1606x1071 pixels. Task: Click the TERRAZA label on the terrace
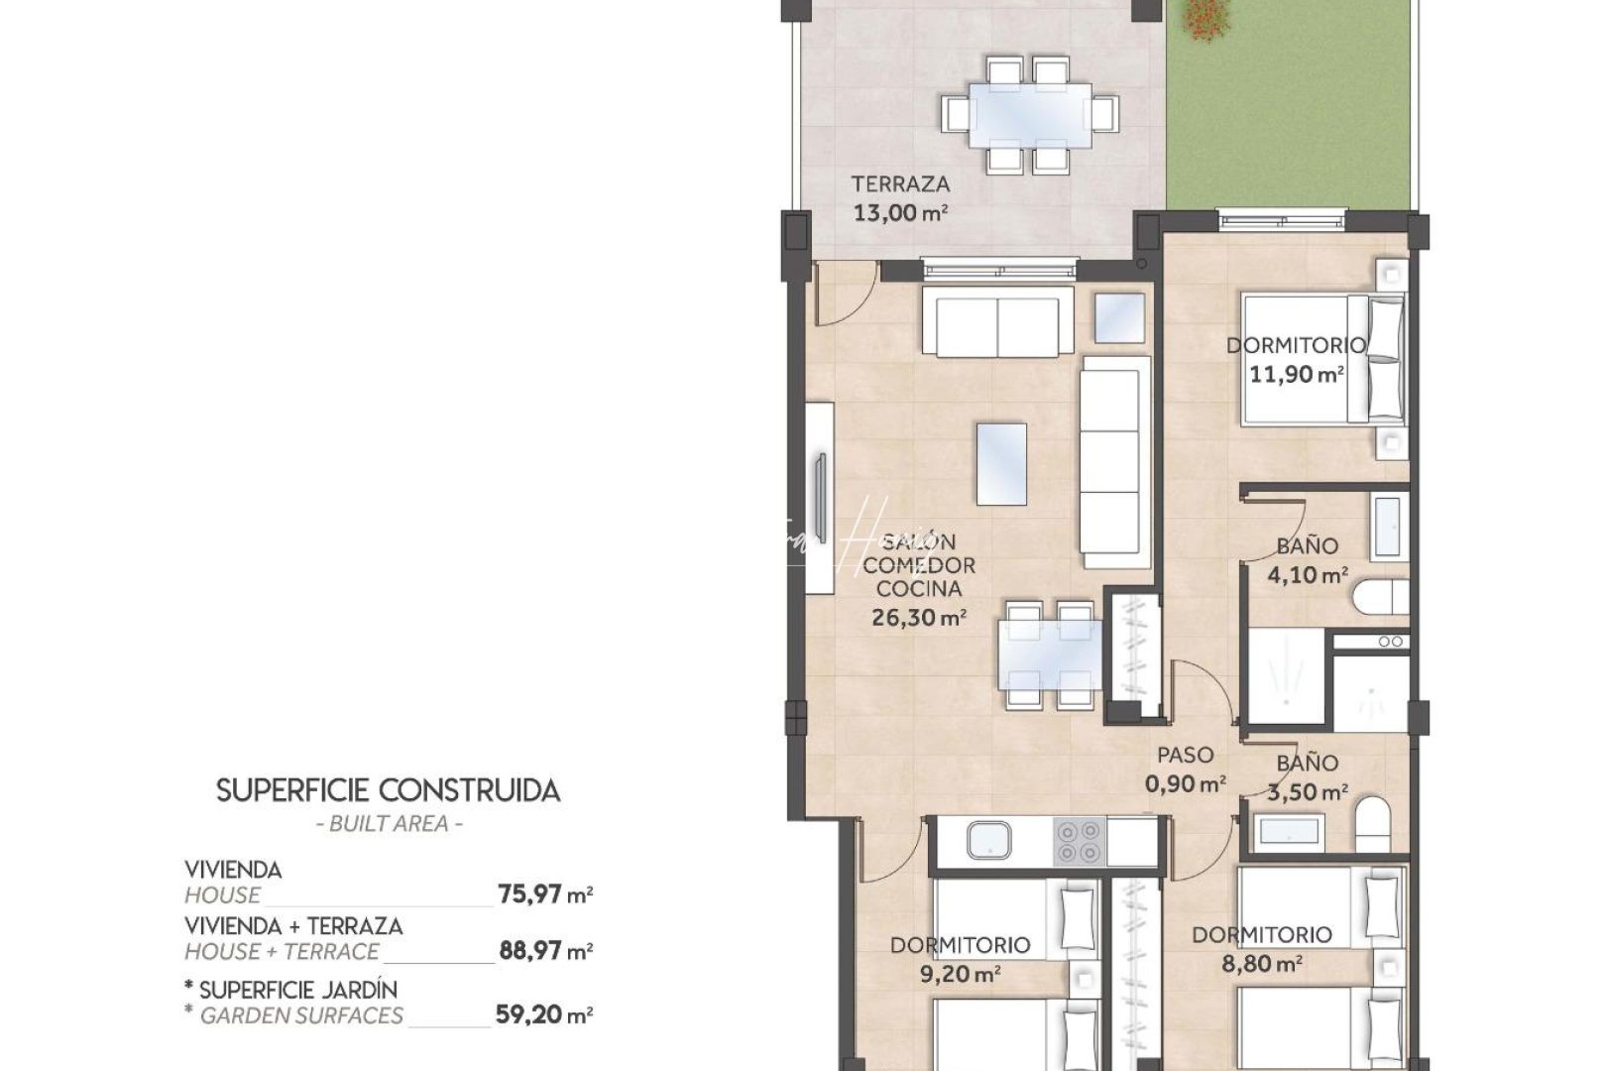point(900,183)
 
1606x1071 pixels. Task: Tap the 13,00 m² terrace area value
point(900,212)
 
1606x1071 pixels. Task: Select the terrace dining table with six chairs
point(1031,114)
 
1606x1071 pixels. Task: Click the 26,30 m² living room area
point(918,618)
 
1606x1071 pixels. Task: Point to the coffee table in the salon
point(1001,463)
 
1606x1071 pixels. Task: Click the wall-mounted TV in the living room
point(821,496)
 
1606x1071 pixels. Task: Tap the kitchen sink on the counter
point(988,841)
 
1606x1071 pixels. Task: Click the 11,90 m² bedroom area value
point(1296,375)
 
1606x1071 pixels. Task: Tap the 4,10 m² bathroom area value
point(1308,574)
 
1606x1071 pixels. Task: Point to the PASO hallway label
point(1185,756)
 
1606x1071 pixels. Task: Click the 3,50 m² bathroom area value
point(1308,791)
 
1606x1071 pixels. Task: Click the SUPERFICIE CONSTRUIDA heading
point(388,790)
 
